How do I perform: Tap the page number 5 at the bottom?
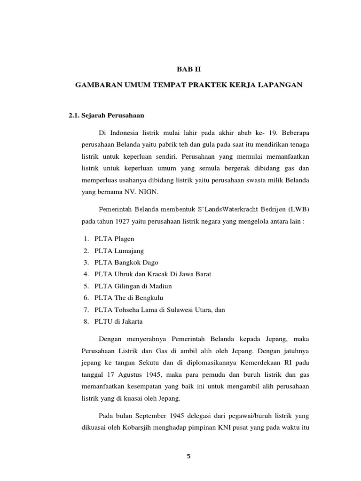[188, 456]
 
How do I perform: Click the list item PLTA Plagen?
[114, 239]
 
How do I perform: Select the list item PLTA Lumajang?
[119, 250]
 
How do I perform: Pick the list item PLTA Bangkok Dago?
[126, 262]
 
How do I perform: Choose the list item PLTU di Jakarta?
[118, 321]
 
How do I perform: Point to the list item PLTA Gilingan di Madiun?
[133, 286]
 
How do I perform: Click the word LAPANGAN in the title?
[276, 85]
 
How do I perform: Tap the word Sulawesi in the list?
[171, 310]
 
